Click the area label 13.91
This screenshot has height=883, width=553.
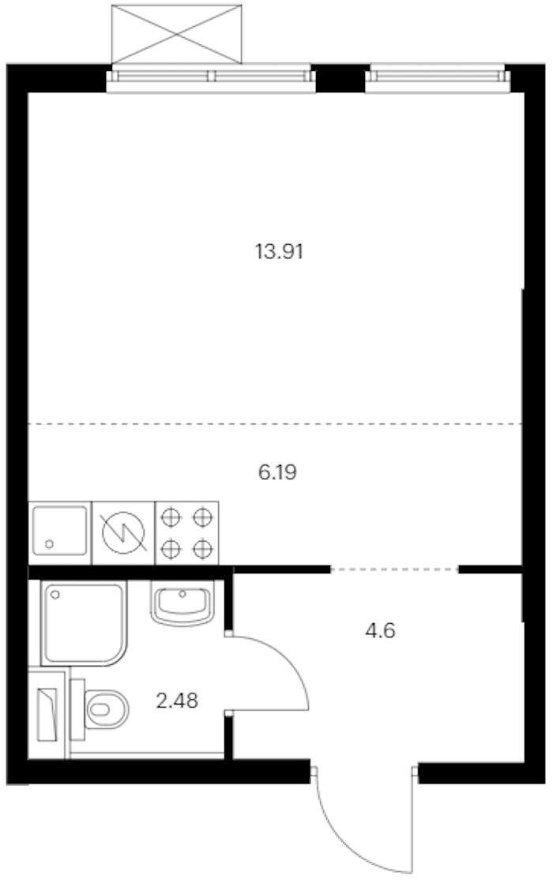tap(280, 251)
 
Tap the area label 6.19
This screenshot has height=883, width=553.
tap(277, 472)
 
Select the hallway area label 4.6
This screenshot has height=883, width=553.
tap(380, 631)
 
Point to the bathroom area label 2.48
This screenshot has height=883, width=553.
tap(177, 701)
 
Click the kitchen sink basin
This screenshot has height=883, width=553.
tap(60, 531)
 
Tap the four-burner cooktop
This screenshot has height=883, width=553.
tap(187, 533)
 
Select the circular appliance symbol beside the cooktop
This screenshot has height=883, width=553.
tap(123, 533)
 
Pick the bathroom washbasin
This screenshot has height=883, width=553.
tap(182, 603)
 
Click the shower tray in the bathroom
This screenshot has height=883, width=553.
tap(84, 623)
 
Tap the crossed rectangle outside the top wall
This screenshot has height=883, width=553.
tap(177, 34)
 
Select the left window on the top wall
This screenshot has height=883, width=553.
tap(211, 77)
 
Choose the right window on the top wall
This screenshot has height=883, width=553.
tap(438, 77)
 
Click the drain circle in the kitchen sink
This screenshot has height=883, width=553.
tap(49, 543)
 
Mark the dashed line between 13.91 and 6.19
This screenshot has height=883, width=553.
tap(276, 423)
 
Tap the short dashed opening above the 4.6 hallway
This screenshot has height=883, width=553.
tap(394, 570)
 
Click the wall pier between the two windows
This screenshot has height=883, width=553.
tap(340, 78)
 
